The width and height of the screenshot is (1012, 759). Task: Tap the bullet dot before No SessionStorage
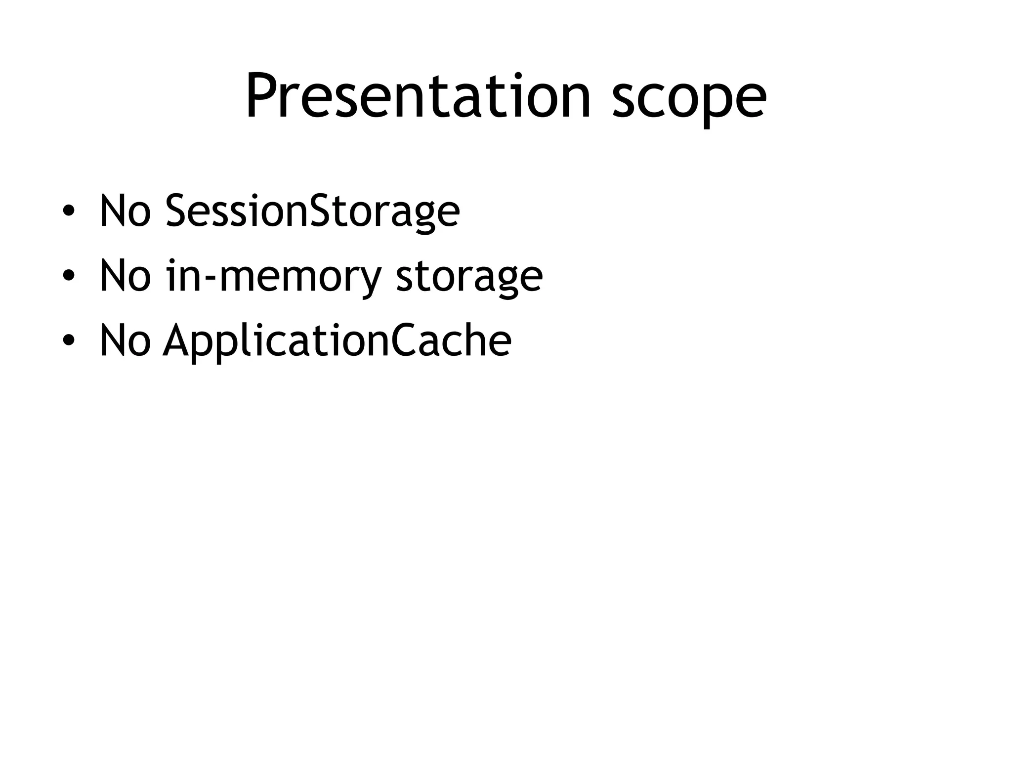point(69,210)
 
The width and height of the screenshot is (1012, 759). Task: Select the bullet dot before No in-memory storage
point(69,275)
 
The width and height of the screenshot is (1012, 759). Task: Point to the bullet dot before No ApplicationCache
point(69,340)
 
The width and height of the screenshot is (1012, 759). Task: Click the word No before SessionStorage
point(125,210)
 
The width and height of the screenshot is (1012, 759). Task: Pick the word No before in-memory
point(125,275)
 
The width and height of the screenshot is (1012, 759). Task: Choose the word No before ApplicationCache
point(125,340)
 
